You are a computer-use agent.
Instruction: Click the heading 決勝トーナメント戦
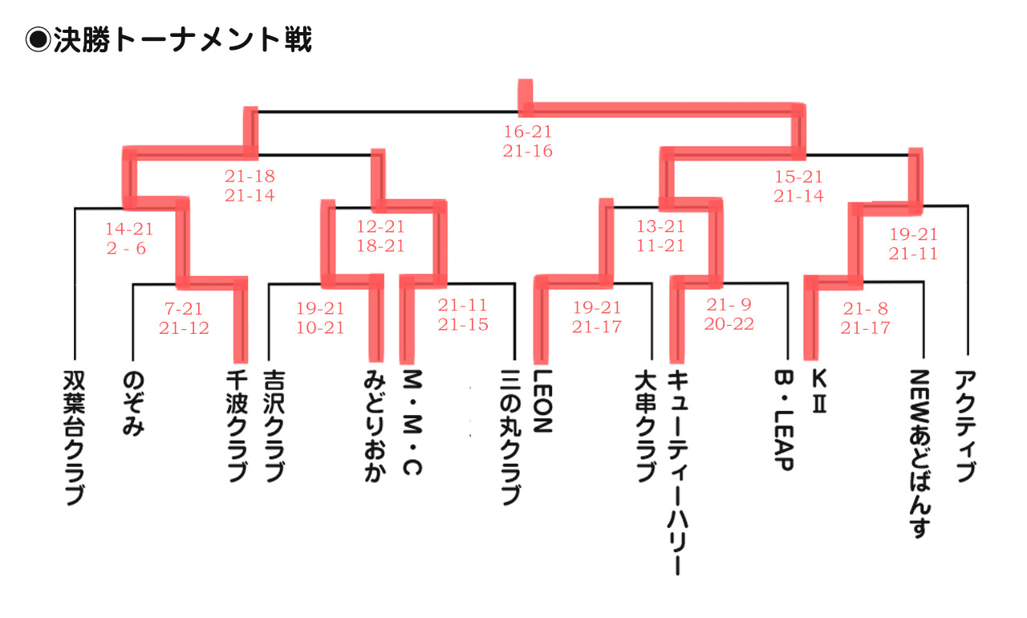click(168, 39)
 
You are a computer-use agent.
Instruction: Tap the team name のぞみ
click(133, 403)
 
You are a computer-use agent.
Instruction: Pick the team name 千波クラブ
click(237, 426)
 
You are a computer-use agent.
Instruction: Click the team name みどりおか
click(374, 426)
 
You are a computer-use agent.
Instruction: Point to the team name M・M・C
click(412, 421)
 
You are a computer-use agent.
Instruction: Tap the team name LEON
click(543, 401)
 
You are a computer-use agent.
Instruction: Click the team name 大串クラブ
click(644, 426)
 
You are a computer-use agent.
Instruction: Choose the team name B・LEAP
click(783, 421)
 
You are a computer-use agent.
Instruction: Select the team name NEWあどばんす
click(920, 453)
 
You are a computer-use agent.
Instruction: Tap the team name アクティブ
click(966, 426)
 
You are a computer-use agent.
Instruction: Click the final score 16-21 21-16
click(528, 141)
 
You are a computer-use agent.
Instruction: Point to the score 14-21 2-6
click(129, 238)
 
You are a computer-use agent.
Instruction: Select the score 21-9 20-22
click(729, 314)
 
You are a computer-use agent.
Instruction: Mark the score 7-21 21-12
click(184, 319)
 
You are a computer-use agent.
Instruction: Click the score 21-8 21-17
click(865, 319)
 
